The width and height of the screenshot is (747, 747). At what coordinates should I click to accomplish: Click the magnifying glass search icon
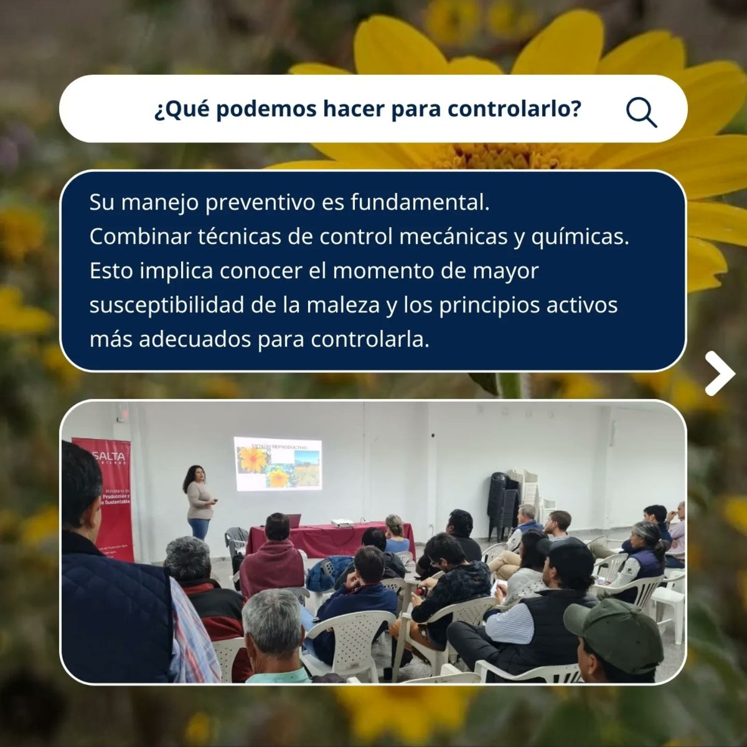coord(641,112)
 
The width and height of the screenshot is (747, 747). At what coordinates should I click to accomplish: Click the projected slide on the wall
coord(278,463)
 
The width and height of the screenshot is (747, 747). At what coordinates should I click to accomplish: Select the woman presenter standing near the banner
coord(199,501)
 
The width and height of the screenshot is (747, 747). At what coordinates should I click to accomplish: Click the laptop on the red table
coord(294,520)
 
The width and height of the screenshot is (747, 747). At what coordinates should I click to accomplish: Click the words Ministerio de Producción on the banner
coord(116,496)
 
